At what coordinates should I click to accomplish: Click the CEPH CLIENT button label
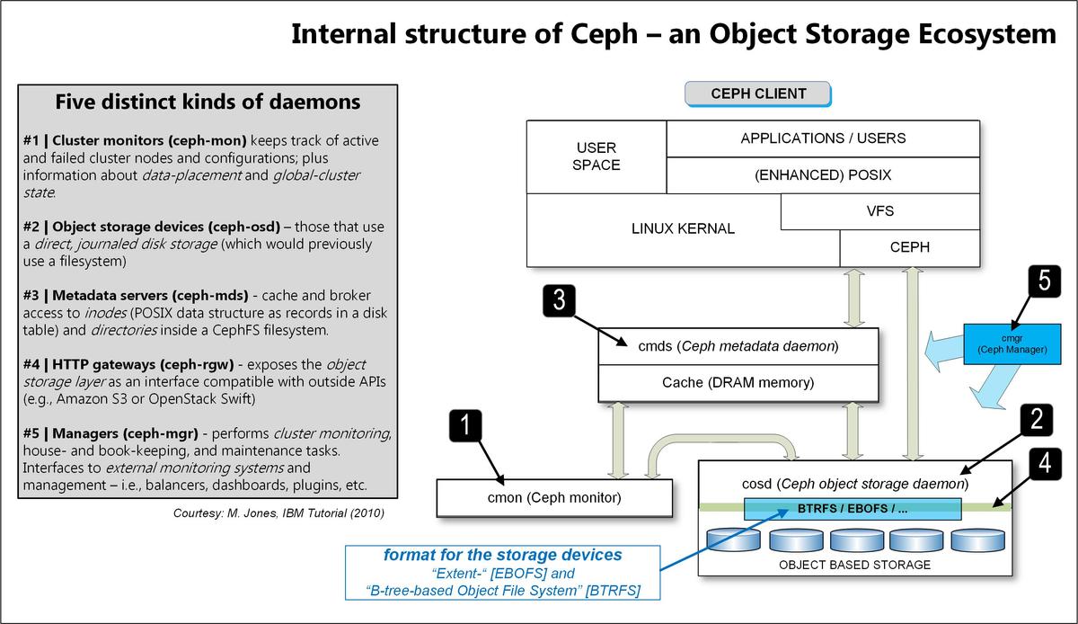coord(758,94)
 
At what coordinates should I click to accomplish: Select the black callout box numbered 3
coord(559,300)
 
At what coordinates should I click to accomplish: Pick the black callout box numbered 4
coord(1041,464)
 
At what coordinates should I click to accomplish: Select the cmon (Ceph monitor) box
coord(553,497)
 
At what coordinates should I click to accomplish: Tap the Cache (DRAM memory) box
coord(738,383)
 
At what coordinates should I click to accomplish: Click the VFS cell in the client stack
coord(879,211)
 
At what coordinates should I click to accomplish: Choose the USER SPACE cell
coord(596,156)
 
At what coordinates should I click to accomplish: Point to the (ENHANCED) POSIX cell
coord(822,175)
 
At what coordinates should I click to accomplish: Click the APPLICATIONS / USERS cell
coord(822,138)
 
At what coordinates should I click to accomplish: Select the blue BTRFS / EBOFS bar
coord(853,509)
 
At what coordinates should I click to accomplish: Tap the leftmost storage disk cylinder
coord(733,539)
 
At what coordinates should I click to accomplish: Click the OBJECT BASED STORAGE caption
coord(854,565)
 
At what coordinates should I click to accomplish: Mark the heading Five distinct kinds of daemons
coord(208,103)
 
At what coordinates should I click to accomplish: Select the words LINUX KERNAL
coord(683,228)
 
